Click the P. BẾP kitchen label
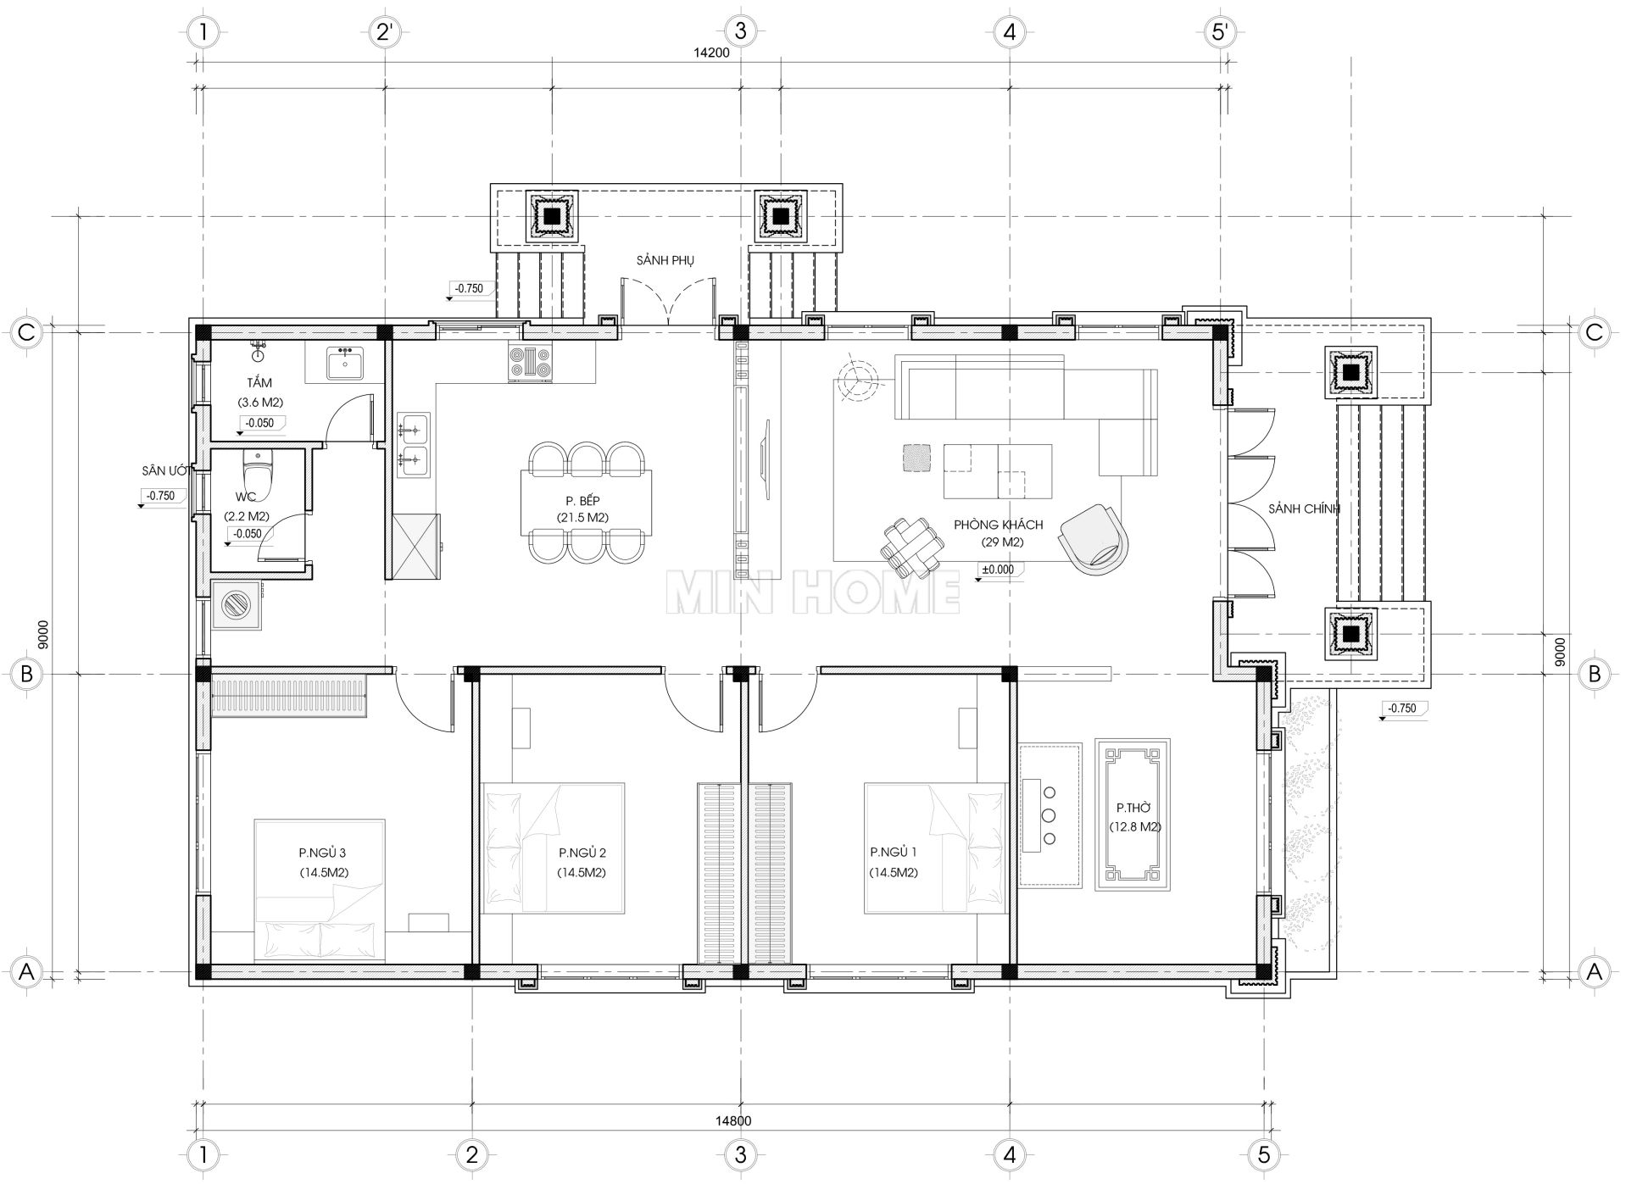pyautogui.click(x=582, y=500)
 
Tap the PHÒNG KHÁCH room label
pyautogui.click(x=998, y=525)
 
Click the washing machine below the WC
pyautogui.click(x=235, y=605)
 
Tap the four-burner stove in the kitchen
pyautogui.click(x=529, y=363)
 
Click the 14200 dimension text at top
pyautogui.click(x=711, y=52)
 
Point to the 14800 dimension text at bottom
pyautogui.click(x=732, y=1120)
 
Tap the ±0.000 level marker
pyautogui.click(x=999, y=570)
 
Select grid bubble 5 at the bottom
pyautogui.click(x=1264, y=1155)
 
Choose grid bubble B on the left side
pyautogui.click(x=27, y=674)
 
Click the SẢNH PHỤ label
pyautogui.click(x=665, y=260)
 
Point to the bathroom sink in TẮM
pyautogui.click(x=345, y=364)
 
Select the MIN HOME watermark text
pyautogui.click(x=813, y=592)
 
